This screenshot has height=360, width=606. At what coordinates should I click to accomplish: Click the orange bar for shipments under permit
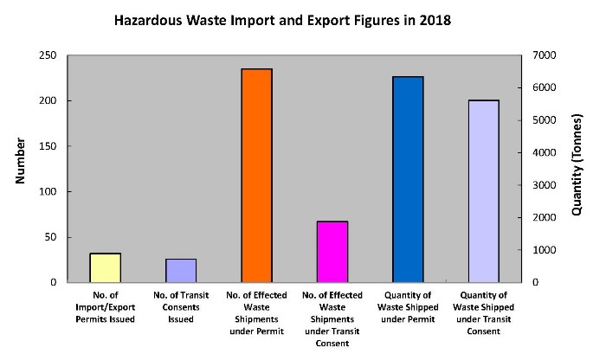point(256,176)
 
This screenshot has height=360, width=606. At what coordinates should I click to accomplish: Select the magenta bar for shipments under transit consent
point(332,252)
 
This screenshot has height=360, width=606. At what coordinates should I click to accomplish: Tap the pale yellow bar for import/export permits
point(106,267)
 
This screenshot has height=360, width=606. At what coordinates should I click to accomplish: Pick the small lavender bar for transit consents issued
point(181,271)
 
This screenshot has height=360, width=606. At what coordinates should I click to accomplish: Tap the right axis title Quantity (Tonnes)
point(577,168)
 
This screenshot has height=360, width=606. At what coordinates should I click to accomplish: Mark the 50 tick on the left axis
point(50,237)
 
